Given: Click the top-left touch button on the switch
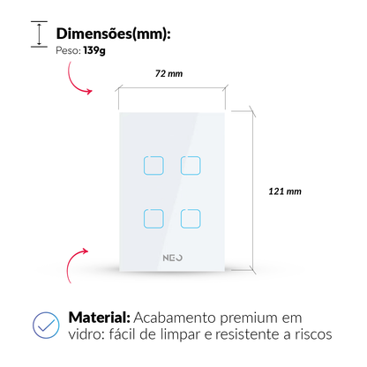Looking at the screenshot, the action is pos(154,166).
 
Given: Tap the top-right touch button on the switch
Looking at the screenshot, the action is pos(191,166).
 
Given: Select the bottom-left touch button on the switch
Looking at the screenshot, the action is pos(154,219).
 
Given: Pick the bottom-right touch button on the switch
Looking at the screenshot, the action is pos(191,219).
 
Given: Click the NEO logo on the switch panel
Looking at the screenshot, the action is pos(173,258).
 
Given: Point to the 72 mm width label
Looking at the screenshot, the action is pos(169,73).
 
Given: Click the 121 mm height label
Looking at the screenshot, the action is pos(285,191).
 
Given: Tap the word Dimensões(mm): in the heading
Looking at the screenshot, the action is pos(114,34).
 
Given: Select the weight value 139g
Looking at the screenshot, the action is pos(94,50).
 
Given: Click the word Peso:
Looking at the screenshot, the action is pos(68,50).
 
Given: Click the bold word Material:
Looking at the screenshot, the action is pos(100,318).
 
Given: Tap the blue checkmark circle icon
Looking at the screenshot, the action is pos(46,325).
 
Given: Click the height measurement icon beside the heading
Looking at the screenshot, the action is pos(39,34).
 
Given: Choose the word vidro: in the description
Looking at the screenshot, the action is pos(86,334).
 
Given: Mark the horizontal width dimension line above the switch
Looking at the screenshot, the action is pos(172,87).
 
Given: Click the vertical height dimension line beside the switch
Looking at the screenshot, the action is pos(253,191).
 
